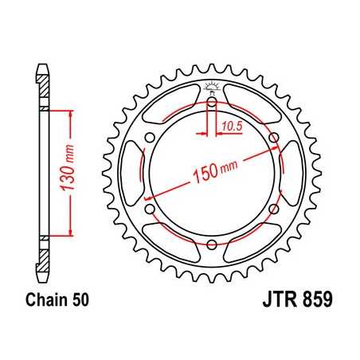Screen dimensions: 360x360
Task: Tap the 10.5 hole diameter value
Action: [x=232, y=125]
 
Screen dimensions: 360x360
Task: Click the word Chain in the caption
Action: [x=47, y=301]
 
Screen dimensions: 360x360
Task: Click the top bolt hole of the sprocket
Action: [x=213, y=102]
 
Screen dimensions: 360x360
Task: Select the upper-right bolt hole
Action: [x=274, y=138]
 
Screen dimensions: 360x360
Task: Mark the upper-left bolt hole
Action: [x=151, y=138]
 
